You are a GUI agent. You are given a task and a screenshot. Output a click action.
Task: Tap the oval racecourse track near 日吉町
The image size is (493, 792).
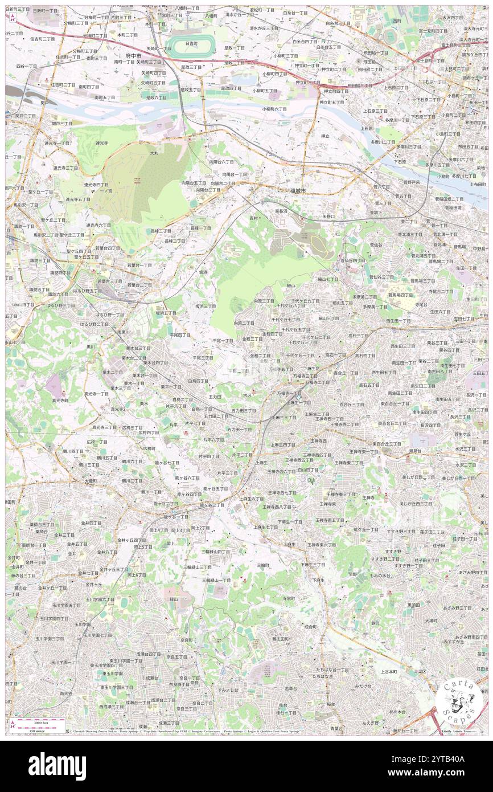[191, 46]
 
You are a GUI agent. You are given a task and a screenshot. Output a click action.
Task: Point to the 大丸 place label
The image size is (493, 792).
[154, 153]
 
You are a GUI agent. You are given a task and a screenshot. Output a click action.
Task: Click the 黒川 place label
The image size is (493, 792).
[91, 346]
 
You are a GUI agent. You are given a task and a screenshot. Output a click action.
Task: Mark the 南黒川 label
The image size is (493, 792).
[124, 332]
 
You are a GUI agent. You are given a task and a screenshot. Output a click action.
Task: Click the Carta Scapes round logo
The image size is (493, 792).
[459, 702]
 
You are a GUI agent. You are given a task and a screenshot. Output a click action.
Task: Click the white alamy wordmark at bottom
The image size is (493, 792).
[57, 766]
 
